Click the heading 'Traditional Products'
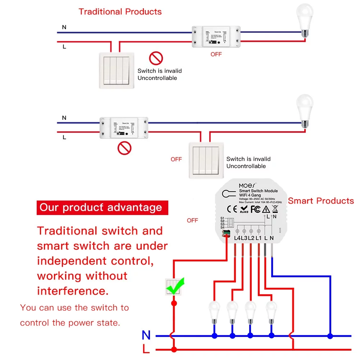pyautogui.click(x=120, y=12)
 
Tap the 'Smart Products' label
pyautogui.click(x=321, y=201)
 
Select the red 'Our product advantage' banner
pyautogui.click(x=102, y=208)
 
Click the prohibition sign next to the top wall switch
pyautogui.click(x=156, y=58)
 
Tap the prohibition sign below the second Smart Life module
pyautogui.click(x=125, y=148)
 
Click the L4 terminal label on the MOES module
pyautogui.click(x=237, y=238)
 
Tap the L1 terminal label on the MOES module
pyautogui.click(x=258, y=238)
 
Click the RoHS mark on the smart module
pyautogui.click(x=244, y=209)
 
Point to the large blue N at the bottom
pyautogui.click(x=146, y=335)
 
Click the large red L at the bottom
pyautogui.click(x=146, y=349)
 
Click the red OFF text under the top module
pyautogui.click(x=216, y=54)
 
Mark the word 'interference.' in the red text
pyautogui.click(x=73, y=291)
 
